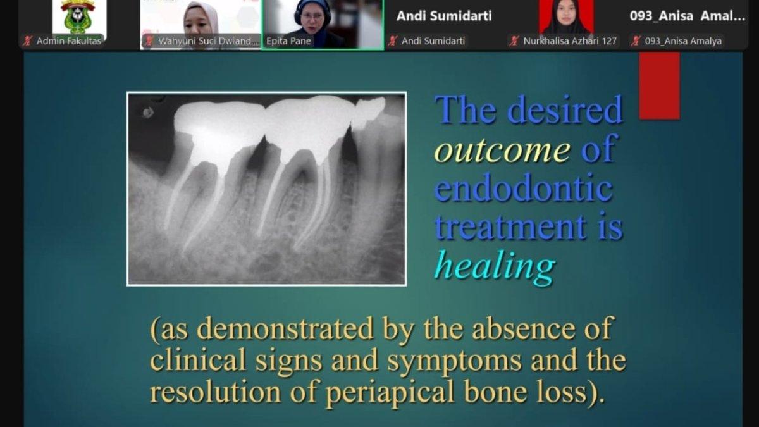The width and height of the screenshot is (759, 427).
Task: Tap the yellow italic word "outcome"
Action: coord(502,150)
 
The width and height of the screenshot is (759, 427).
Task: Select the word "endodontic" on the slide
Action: coord(524,187)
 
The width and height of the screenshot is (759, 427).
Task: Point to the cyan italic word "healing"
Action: coord(495,267)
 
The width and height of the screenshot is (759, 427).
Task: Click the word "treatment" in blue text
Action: coord(510,226)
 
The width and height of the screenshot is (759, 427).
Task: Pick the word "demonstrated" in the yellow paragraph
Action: coord(285,328)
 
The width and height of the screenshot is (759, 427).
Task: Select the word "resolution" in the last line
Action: coord(216,391)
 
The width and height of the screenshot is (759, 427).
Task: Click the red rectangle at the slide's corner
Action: coord(659,85)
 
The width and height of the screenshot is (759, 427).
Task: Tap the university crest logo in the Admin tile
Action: coord(78,16)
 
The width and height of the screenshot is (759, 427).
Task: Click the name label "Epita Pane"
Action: coord(288,41)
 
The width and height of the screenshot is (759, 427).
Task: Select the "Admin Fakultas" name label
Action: coord(69,41)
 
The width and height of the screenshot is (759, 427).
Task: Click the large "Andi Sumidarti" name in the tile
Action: coord(444,16)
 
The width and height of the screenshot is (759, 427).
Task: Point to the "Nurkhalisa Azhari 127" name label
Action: coord(570,41)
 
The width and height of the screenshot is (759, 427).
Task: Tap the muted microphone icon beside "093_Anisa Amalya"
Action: coord(636,41)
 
